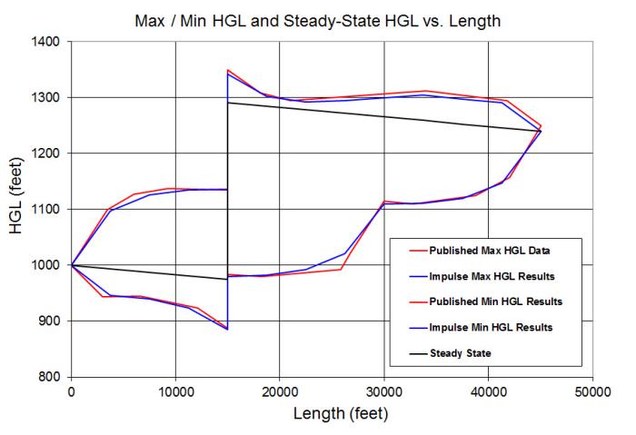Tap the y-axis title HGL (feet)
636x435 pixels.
pyautogui.click(x=17, y=209)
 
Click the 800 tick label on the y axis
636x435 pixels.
pyautogui.click(x=51, y=377)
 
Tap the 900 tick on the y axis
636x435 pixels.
pyautogui.click(x=51, y=321)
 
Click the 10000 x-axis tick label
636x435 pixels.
pyautogui.click(x=175, y=391)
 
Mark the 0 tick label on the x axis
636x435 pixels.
pyautogui.click(x=71, y=391)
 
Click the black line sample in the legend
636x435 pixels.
pyautogui.click(x=412, y=351)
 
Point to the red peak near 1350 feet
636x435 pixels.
pyautogui.click(x=228, y=70)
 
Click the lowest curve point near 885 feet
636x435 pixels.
pyautogui.click(x=227, y=329)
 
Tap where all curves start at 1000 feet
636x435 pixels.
pyautogui.click(x=71, y=265)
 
